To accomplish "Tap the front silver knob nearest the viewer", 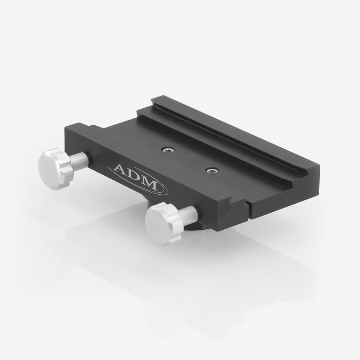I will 158,225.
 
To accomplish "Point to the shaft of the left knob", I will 79,160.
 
